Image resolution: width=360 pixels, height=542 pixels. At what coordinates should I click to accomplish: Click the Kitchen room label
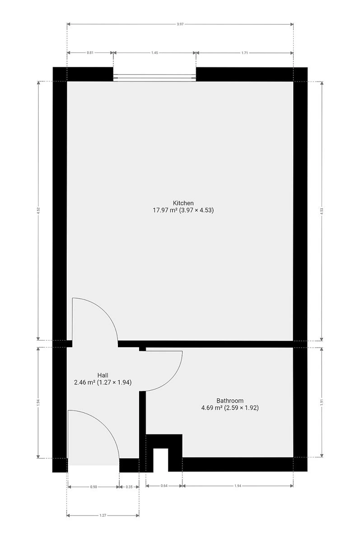183,203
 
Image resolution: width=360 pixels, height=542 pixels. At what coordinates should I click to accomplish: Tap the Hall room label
103,375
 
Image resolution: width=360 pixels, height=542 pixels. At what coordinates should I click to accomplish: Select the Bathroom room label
230,401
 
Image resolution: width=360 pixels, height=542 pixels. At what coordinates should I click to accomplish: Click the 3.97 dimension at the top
180,24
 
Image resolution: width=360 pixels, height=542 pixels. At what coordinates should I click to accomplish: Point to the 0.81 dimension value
90,53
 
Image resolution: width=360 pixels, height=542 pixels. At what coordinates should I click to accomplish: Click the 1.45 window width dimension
154,53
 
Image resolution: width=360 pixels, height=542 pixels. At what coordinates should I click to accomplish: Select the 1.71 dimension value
245,53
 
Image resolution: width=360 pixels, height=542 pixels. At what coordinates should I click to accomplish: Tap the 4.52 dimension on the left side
38,210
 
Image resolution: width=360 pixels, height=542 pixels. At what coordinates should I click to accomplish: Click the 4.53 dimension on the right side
322,211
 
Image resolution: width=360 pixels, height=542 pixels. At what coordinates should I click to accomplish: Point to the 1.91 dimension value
322,402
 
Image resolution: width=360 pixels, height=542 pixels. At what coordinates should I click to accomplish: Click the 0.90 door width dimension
94,487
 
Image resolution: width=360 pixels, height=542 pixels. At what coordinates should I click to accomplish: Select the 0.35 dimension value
129,487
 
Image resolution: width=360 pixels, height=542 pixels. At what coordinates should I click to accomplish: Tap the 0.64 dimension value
164,486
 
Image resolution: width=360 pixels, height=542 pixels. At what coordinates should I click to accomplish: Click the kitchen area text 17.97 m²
165,210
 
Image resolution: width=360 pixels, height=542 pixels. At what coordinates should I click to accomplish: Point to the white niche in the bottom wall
161,460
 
